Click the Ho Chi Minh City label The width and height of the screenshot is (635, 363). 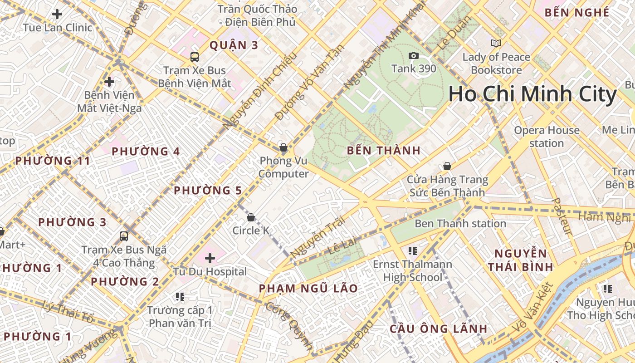click(532, 94)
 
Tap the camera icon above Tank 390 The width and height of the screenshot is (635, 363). click(414, 56)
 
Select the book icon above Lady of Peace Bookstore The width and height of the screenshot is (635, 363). click(496, 44)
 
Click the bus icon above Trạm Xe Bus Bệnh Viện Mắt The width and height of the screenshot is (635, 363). click(195, 57)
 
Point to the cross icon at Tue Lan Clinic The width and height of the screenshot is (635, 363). click(57, 14)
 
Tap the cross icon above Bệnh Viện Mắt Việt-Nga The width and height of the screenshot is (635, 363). click(109, 82)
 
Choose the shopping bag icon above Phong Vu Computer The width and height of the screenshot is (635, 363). click(283, 147)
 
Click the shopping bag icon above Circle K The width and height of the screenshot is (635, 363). click(251, 217)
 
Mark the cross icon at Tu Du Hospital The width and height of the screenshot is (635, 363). click(210, 258)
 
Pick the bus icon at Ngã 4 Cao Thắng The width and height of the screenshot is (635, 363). click(124, 236)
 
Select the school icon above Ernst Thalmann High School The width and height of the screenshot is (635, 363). click(413, 250)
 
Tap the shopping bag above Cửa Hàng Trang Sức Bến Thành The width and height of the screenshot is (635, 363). click(447, 166)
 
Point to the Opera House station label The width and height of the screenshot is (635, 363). click(547, 137)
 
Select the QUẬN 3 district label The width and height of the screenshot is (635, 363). click(234, 45)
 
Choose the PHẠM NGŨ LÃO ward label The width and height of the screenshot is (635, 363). click(308, 289)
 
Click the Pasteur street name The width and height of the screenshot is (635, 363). click(562, 216)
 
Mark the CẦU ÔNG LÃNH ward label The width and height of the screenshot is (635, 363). click(439, 329)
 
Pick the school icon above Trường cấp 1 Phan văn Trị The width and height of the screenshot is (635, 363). click(180, 297)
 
